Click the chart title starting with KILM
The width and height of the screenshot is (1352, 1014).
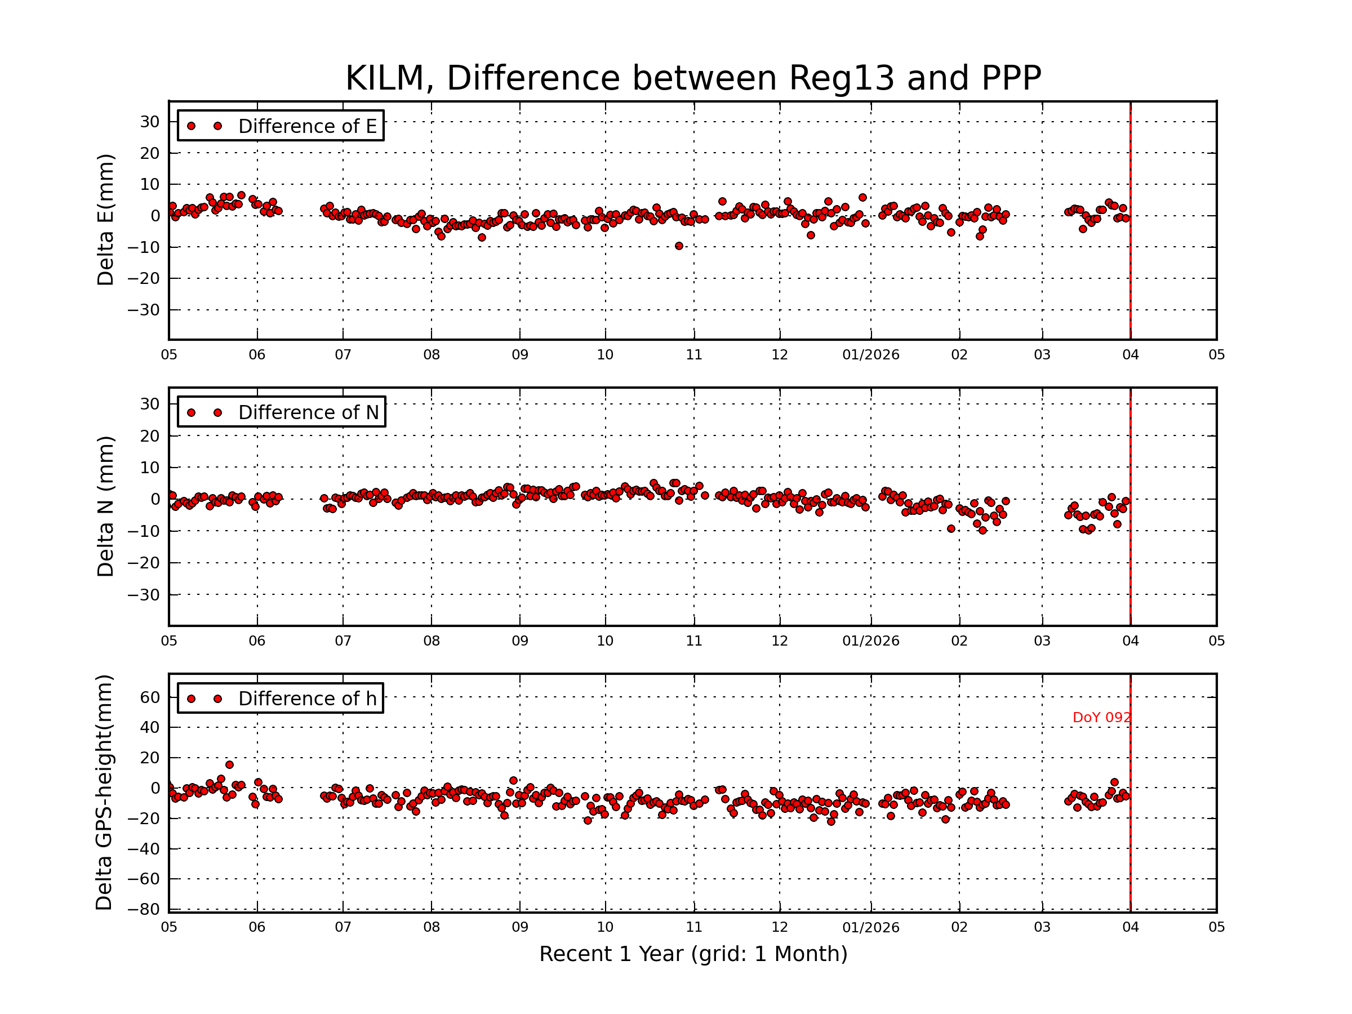(x=692, y=78)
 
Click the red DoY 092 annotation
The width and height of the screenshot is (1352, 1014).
(x=1101, y=718)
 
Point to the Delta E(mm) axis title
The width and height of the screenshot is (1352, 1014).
(x=105, y=220)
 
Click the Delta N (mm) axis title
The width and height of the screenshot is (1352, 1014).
(x=105, y=506)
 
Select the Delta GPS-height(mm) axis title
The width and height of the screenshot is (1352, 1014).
(x=104, y=792)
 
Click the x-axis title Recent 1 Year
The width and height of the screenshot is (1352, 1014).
(x=692, y=954)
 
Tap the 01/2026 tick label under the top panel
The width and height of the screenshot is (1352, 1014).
(x=870, y=354)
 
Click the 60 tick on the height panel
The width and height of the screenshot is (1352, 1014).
(x=150, y=697)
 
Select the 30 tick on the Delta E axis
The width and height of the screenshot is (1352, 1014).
(x=150, y=122)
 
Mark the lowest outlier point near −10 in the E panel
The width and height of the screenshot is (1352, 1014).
(x=678, y=246)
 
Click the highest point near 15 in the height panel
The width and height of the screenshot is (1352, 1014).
(x=229, y=764)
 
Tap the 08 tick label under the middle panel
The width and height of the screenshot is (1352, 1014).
(x=431, y=641)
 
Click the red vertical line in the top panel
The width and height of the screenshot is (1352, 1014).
(x=1130, y=220)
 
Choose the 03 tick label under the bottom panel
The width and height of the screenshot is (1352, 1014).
(x=1042, y=927)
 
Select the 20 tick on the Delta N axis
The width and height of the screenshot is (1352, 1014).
(x=150, y=436)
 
